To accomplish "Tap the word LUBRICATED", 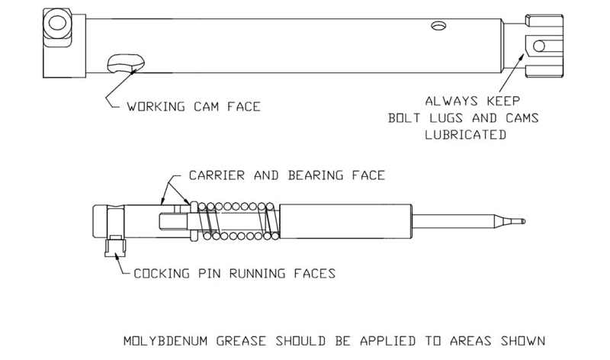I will (x=467, y=134).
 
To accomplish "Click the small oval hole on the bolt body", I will (x=438, y=26).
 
